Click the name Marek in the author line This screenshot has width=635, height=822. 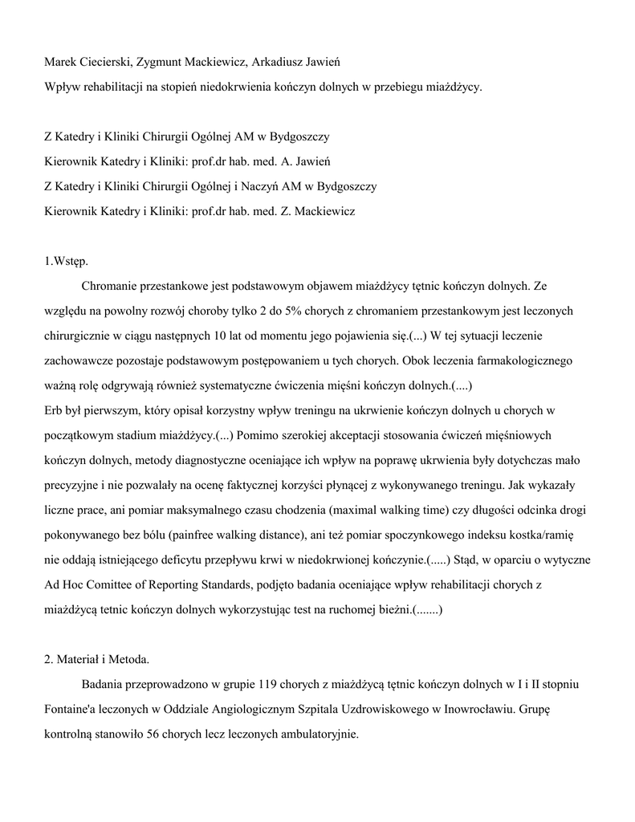coord(62,63)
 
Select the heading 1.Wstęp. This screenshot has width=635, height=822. coord(67,261)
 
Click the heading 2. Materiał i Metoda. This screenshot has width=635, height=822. coord(97,660)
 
